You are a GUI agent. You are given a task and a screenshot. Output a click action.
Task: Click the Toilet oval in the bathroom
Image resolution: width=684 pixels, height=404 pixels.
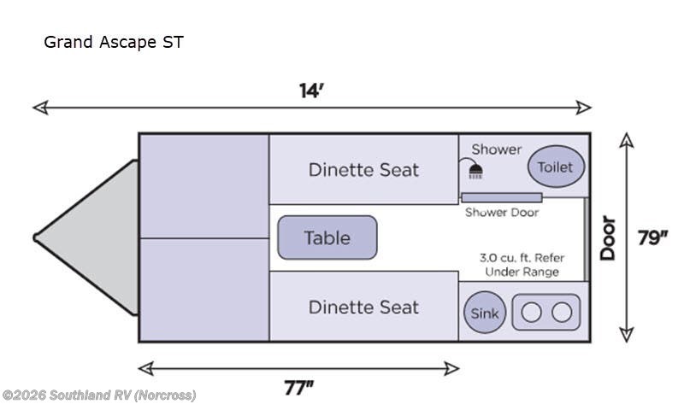pos(556,167)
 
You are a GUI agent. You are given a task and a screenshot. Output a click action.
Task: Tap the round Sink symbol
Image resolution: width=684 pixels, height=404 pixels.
pos(485,313)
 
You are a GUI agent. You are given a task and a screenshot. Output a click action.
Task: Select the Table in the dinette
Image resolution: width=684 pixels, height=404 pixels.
pos(327,237)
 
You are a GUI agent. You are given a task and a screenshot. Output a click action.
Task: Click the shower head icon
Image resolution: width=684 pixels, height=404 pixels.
pos(475,171)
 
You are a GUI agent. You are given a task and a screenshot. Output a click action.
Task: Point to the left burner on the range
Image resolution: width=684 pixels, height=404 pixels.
pos(531,312)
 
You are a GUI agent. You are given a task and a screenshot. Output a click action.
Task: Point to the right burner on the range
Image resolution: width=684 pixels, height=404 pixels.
pos(562,312)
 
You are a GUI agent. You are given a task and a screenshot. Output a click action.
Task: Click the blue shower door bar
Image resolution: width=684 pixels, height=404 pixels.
pos(502,197)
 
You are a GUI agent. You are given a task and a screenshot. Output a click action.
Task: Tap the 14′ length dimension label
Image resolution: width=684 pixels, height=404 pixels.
pos(311,91)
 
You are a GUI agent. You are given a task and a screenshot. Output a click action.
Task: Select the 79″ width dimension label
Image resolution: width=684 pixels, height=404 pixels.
pos(652,238)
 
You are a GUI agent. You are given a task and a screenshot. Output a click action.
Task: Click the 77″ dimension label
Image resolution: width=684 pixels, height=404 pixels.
pos(298,388)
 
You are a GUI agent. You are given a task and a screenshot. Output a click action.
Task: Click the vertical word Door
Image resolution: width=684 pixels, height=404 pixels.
pos(608,238)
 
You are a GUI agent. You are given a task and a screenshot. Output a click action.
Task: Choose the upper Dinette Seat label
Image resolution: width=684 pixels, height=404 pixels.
pos(363,169)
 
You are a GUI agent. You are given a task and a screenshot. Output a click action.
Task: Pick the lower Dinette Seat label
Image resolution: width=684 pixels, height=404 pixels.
pos(363,307)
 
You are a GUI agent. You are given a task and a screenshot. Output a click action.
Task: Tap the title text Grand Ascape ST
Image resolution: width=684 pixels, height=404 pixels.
pos(114,42)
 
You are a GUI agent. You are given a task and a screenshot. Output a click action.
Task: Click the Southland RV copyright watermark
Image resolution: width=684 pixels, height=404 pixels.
pos(99,395)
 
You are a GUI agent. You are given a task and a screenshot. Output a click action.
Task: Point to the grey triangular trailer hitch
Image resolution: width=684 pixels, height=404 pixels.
pos(86,237)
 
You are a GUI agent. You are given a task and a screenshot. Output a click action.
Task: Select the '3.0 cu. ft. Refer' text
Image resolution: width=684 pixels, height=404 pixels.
pos(522,258)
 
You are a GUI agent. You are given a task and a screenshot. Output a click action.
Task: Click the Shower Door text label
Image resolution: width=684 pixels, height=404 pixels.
pos(502,212)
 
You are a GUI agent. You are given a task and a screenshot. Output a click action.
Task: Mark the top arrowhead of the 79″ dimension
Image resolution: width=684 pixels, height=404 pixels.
pos(627,140)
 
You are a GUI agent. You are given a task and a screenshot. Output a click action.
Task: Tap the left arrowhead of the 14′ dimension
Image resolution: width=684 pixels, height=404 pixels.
pos(40,108)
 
